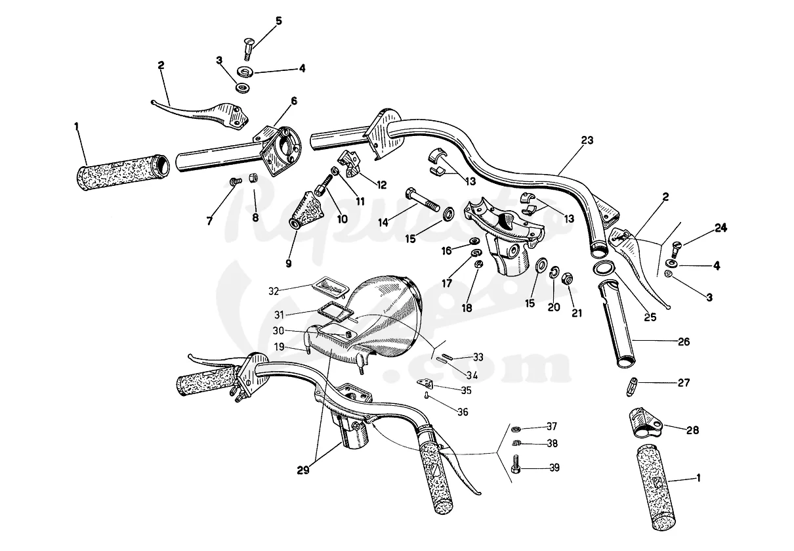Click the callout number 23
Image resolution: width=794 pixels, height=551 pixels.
click(x=587, y=141)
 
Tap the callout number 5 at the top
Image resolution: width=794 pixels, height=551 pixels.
click(x=279, y=21)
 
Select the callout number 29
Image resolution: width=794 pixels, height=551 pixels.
click(x=303, y=470)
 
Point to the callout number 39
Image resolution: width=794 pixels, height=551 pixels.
click(x=554, y=468)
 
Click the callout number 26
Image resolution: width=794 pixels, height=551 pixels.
click(x=683, y=342)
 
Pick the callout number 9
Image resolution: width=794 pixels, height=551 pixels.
click(x=289, y=263)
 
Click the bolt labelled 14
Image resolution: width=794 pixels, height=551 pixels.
click(x=422, y=200)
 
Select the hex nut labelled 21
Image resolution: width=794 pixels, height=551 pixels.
click(x=567, y=278)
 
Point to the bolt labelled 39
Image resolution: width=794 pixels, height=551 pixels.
click(x=516, y=464)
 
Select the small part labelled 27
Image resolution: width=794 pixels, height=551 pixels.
click(x=632, y=387)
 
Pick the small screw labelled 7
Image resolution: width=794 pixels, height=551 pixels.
click(x=236, y=182)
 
